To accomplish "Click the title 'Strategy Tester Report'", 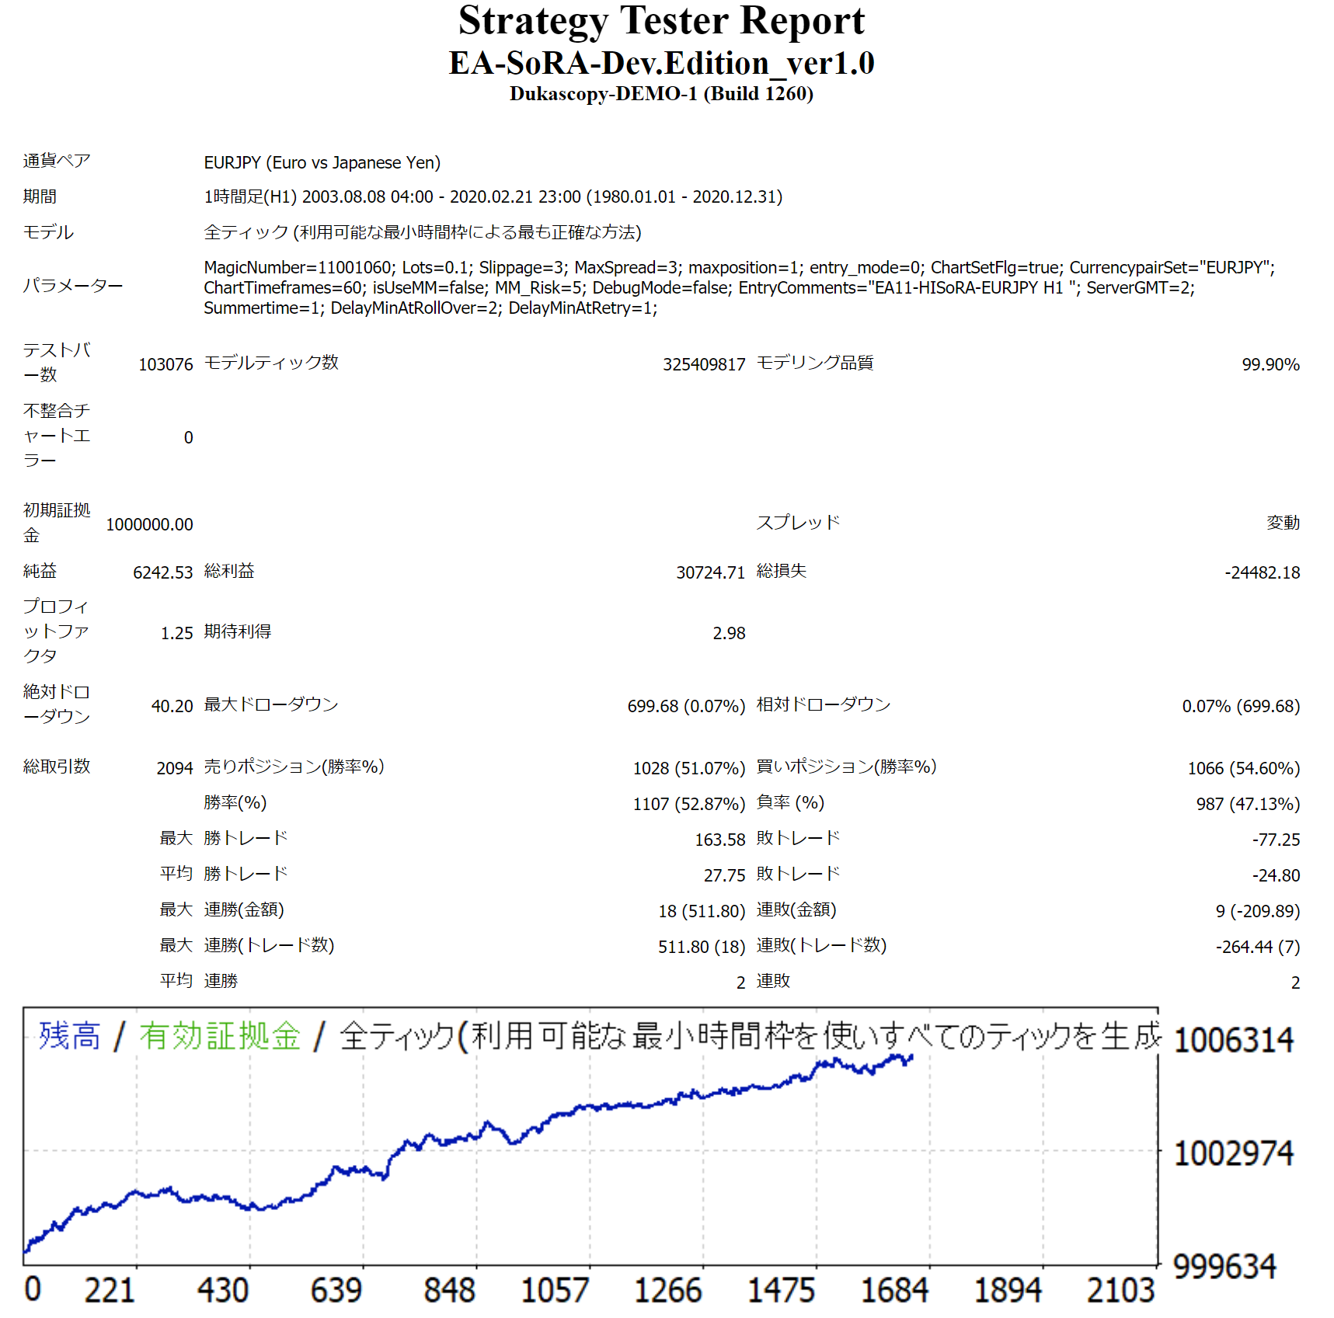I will tap(661, 21).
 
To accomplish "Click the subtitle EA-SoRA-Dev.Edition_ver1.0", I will tap(661, 63).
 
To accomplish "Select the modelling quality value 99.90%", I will tap(1270, 364).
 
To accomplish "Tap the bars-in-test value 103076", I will tap(165, 364).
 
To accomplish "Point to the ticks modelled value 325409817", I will tap(703, 364).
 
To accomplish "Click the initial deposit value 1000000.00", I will tap(149, 524).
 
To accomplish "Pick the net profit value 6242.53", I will tap(162, 572).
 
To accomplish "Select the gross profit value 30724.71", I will tap(710, 572).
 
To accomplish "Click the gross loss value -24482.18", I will tap(1262, 572).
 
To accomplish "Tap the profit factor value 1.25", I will tap(176, 633).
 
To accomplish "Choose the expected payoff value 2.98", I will tap(729, 633).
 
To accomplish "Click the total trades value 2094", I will tap(174, 768).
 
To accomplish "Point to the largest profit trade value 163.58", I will tap(719, 840).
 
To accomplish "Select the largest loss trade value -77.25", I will tap(1276, 840).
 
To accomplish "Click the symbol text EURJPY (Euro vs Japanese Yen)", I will tap(322, 162).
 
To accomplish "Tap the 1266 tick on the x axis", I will tap(667, 1291).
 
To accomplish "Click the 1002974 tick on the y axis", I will tap(1233, 1154).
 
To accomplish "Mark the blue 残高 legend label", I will tap(70, 1036).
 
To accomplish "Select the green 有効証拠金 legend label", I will tap(220, 1036).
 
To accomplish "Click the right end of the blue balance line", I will tap(911, 1057).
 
